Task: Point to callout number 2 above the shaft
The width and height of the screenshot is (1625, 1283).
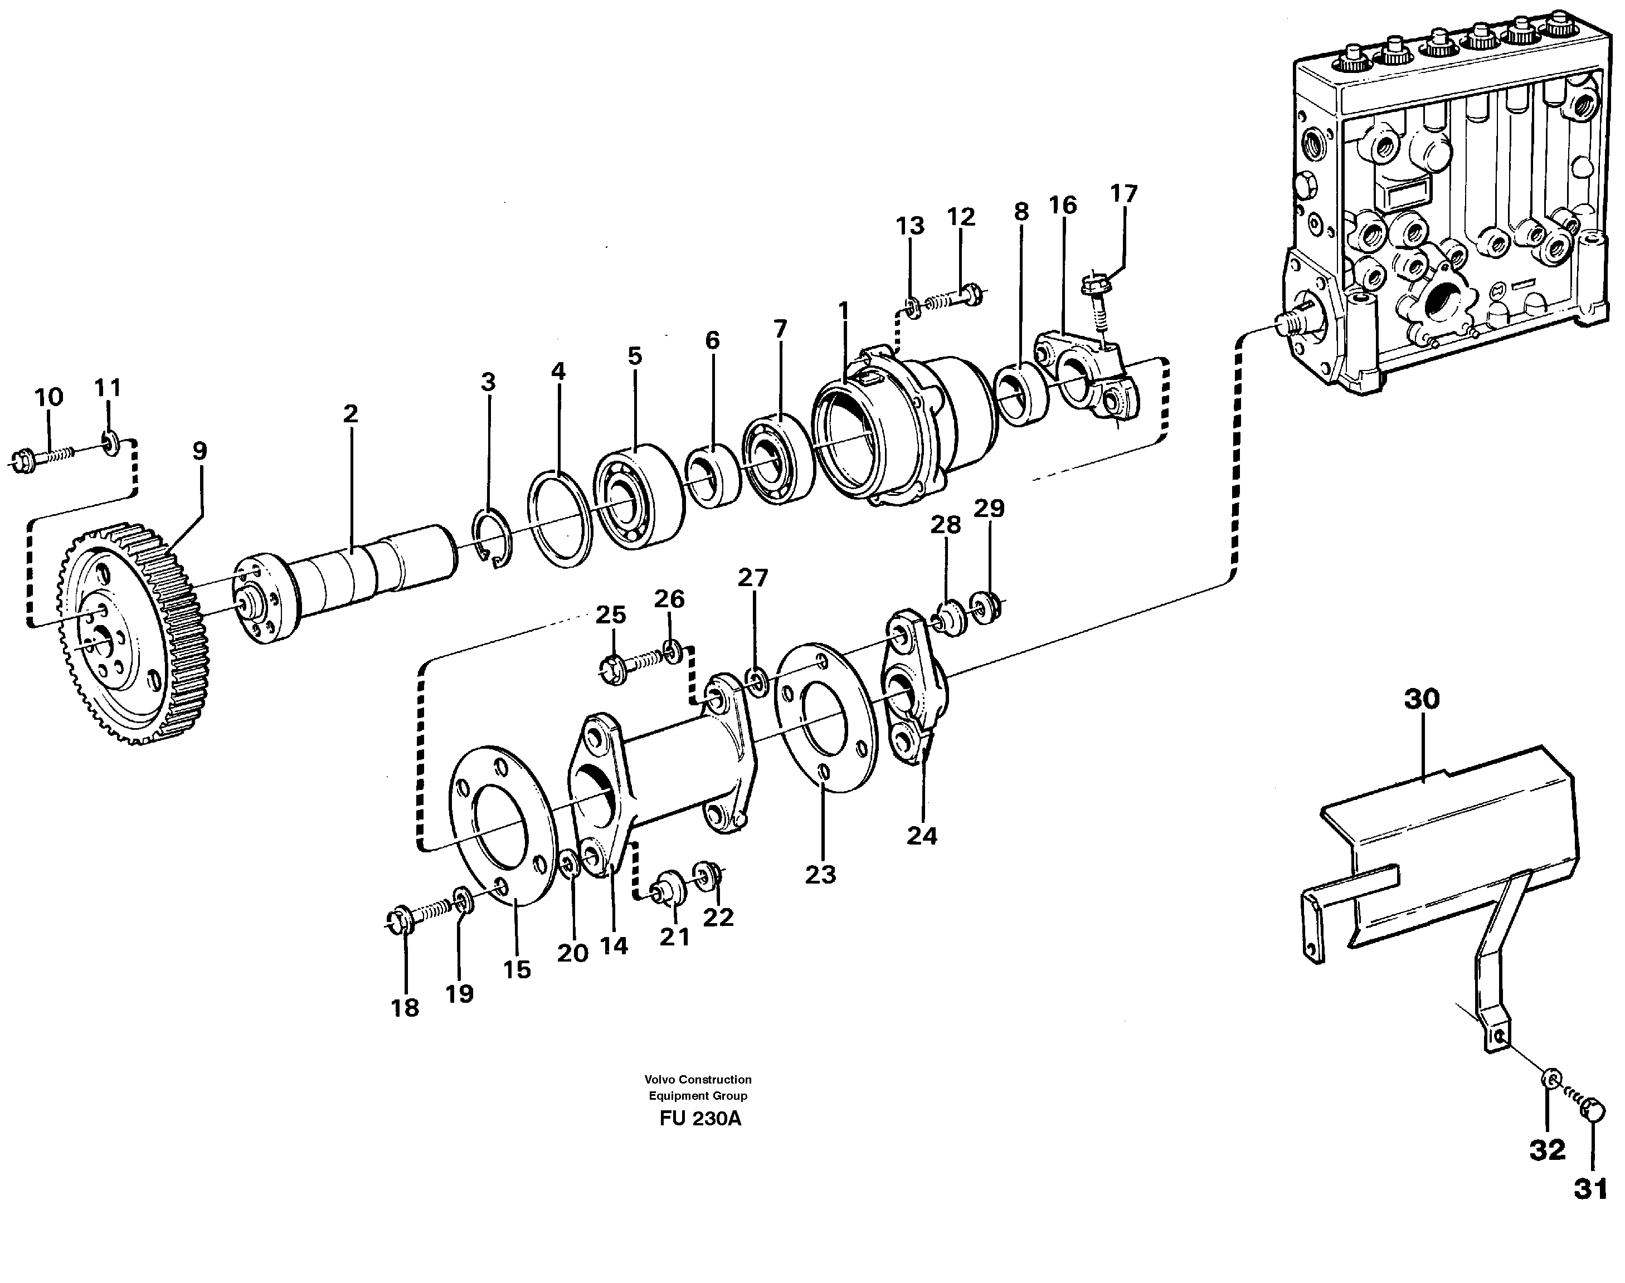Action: click(350, 414)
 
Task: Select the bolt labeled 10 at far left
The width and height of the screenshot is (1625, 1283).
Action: click(41, 459)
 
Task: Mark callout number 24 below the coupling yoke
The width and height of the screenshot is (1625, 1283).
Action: click(922, 836)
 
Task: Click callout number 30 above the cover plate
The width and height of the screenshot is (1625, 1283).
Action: click(1422, 699)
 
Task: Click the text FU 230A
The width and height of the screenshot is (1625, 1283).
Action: click(699, 1119)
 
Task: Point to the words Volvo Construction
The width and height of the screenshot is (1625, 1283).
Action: click(697, 1080)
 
